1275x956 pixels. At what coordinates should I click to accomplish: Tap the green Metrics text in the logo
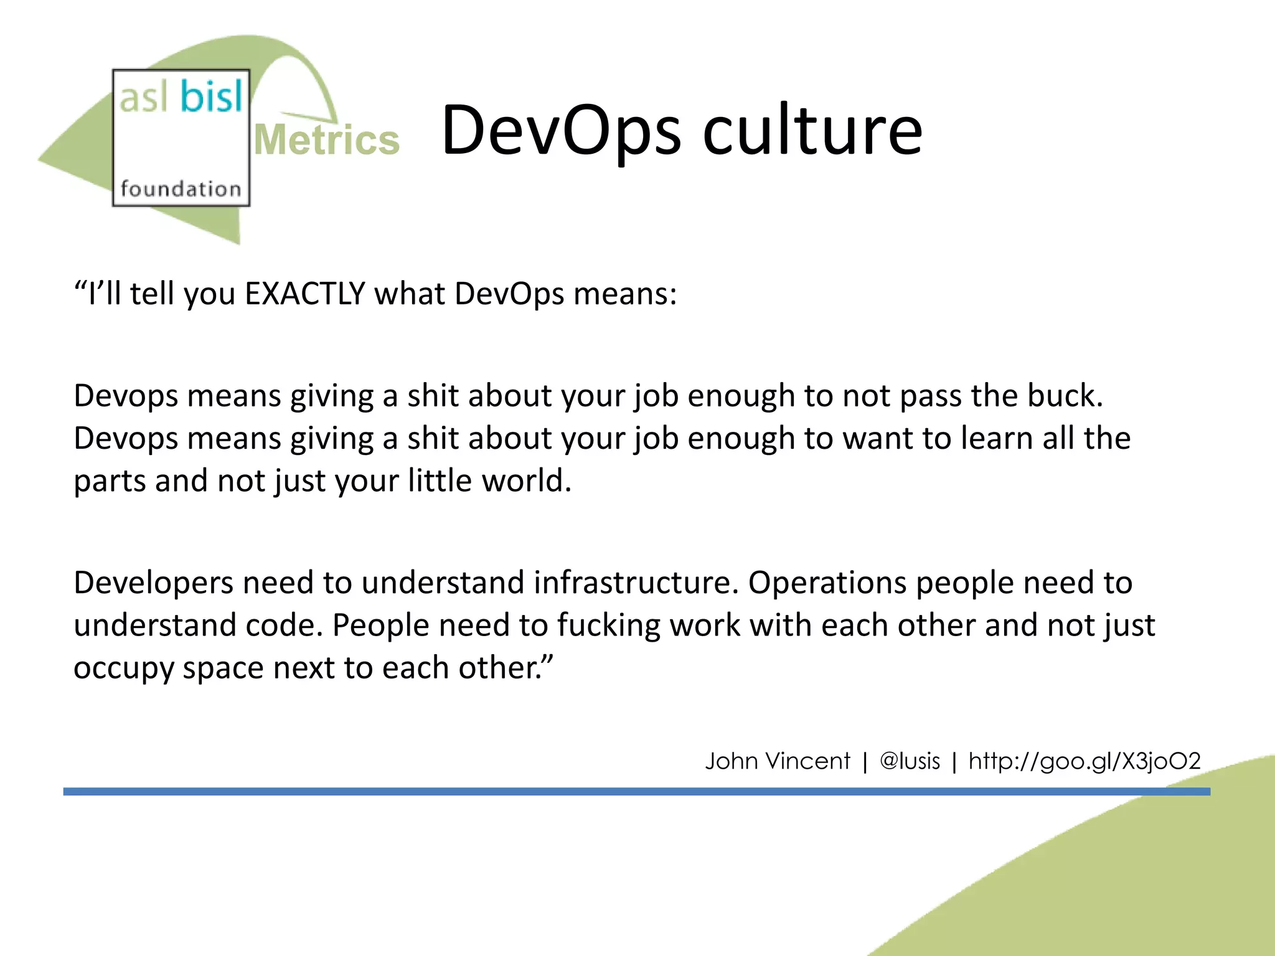(326, 140)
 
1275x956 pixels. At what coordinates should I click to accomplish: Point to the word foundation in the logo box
(181, 189)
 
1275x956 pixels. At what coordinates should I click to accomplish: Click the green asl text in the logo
(144, 98)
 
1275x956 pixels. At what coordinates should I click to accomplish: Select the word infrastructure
(636, 583)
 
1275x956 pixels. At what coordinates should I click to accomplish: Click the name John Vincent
(777, 761)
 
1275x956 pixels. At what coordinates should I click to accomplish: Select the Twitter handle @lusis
(910, 761)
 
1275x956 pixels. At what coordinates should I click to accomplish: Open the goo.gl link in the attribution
(1084, 761)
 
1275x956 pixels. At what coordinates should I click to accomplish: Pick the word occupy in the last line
(123, 668)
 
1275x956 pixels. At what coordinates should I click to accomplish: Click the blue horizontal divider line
(623, 791)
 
